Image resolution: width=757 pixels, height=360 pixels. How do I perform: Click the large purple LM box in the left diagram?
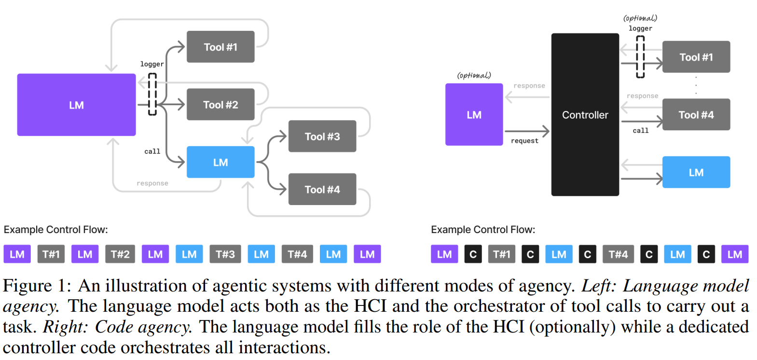point(76,105)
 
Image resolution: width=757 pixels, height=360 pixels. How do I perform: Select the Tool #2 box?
point(220,104)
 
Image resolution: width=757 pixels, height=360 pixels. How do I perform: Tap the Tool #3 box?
point(322,136)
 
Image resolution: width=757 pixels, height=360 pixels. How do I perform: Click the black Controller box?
point(585,115)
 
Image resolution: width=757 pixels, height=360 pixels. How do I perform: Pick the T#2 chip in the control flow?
point(120,254)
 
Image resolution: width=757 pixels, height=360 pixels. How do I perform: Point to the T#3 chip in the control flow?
point(225,254)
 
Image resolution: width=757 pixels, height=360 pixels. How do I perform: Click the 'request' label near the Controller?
point(524,141)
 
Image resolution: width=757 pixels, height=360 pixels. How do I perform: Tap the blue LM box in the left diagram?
point(220,162)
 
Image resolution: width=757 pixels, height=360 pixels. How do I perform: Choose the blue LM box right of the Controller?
point(696,172)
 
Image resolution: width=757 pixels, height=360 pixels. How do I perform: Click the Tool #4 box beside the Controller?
point(696,115)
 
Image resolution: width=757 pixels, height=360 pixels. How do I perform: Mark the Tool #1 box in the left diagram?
point(220,47)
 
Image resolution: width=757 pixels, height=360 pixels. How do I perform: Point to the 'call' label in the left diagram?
point(152,152)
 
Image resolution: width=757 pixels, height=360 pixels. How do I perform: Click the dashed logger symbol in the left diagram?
point(152,94)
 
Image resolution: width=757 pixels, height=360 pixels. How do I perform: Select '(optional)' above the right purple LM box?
point(474,75)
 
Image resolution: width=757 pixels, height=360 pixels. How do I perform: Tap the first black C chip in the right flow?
point(473,254)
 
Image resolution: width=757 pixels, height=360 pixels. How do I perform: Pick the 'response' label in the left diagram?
point(152,183)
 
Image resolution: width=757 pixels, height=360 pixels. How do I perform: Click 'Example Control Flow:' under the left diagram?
point(56,230)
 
